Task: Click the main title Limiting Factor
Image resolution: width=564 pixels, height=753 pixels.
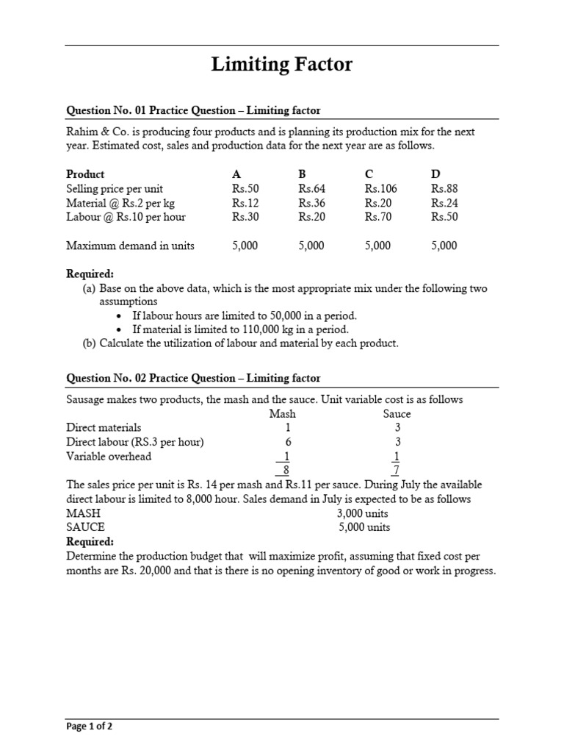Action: tap(282, 65)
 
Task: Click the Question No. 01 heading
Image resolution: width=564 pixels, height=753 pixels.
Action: tap(193, 110)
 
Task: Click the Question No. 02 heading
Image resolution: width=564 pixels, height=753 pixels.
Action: tap(193, 378)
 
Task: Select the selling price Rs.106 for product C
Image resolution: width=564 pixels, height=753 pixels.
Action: tap(380, 188)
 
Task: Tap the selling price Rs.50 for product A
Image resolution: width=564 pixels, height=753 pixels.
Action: tap(245, 188)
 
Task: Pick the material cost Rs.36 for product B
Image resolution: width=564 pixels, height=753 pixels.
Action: tap(312, 202)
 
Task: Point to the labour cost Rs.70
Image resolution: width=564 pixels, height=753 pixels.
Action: tap(378, 217)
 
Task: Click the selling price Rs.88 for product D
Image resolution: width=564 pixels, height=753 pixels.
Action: tap(444, 188)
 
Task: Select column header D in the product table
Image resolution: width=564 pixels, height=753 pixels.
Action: tap(435, 174)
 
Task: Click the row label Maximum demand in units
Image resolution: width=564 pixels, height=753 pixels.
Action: tap(130, 246)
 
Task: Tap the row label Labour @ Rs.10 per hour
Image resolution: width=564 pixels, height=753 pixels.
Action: tap(126, 217)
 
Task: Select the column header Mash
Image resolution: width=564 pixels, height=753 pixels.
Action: tap(283, 413)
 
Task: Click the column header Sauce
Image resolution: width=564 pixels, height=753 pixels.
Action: tap(397, 413)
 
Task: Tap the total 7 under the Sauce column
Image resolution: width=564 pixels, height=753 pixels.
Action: tap(397, 471)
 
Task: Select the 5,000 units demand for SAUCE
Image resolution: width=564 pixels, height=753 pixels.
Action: tap(364, 527)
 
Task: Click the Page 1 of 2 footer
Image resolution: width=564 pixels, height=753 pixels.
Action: tap(89, 727)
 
